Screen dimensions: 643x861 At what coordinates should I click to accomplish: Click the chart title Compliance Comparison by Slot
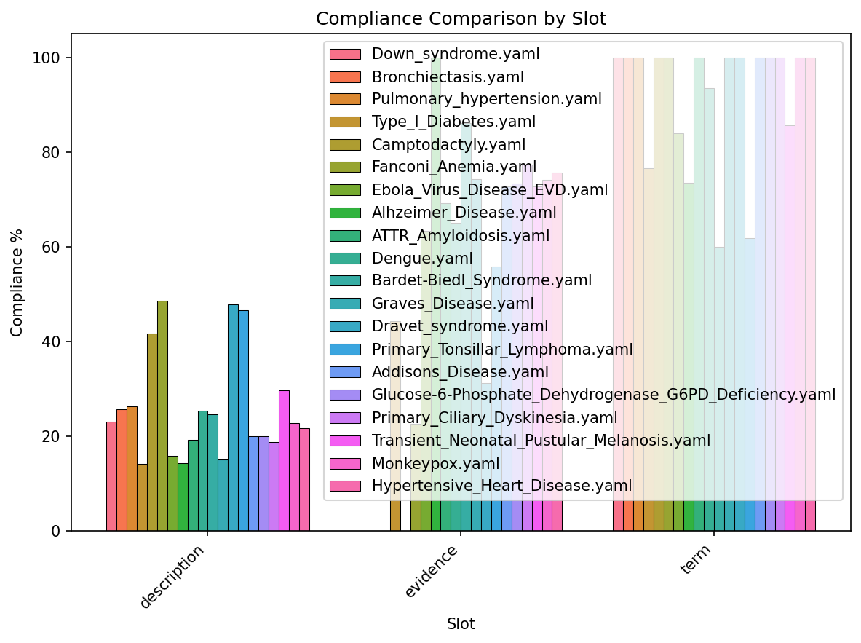tap(461, 19)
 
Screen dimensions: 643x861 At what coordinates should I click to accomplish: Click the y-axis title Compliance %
tap(17, 283)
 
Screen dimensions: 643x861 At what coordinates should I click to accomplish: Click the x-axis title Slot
tap(461, 624)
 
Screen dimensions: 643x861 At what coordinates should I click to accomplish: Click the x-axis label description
tap(172, 576)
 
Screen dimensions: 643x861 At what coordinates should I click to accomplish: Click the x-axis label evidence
tap(432, 572)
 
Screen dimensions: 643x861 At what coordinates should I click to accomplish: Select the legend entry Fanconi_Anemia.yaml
tap(454, 167)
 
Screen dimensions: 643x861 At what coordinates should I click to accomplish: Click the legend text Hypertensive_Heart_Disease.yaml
tap(501, 485)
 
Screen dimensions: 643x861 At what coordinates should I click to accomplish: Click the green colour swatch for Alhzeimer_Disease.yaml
tap(345, 213)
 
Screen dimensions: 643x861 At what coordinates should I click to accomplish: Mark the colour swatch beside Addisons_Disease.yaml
tap(345, 372)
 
